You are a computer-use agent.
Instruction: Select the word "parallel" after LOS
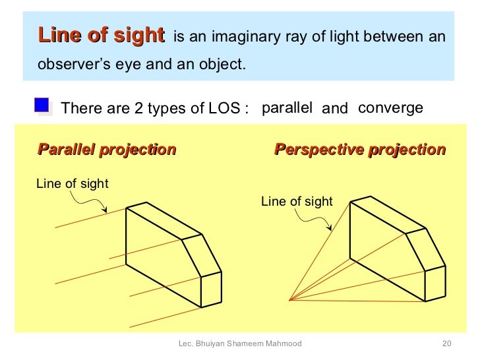(x=287, y=108)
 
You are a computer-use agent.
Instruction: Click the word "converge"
(x=390, y=108)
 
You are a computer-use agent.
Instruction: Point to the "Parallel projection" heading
(x=107, y=150)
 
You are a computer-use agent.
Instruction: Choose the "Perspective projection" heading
(x=359, y=150)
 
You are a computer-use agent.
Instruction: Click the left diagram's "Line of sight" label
(x=72, y=184)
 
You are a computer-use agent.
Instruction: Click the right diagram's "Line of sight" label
(x=297, y=202)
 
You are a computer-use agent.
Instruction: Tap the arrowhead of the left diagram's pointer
(x=105, y=212)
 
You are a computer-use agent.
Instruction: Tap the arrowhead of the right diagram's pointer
(x=331, y=229)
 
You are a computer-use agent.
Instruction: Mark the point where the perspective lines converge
(x=290, y=301)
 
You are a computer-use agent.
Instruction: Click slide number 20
(x=446, y=344)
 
